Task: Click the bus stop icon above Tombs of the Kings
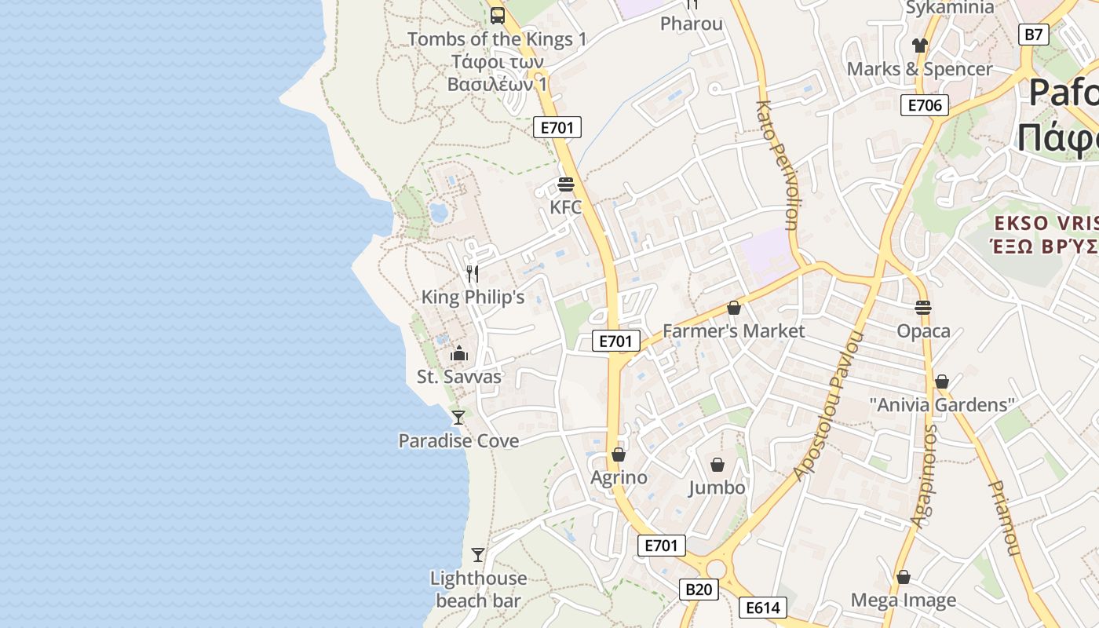coord(497,15)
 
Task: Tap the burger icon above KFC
coord(565,184)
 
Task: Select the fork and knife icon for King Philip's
coord(472,273)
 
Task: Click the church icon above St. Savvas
coord(458,353)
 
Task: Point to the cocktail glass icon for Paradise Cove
coord(458,417)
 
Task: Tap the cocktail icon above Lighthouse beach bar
coord(478,555)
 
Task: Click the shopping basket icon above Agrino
coord(619,455)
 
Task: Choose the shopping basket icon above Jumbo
coord(717,465)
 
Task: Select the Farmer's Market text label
coord(733,331)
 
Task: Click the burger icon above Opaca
coord(923,307)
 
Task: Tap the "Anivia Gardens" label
coord(942,405)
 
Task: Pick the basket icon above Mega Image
coord(904,577)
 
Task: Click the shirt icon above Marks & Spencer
coord(920,46)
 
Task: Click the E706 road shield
coord(925,105)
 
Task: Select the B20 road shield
coord(699,590)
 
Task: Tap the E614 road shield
coord(762,607)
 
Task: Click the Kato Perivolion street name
coord(777,165)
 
